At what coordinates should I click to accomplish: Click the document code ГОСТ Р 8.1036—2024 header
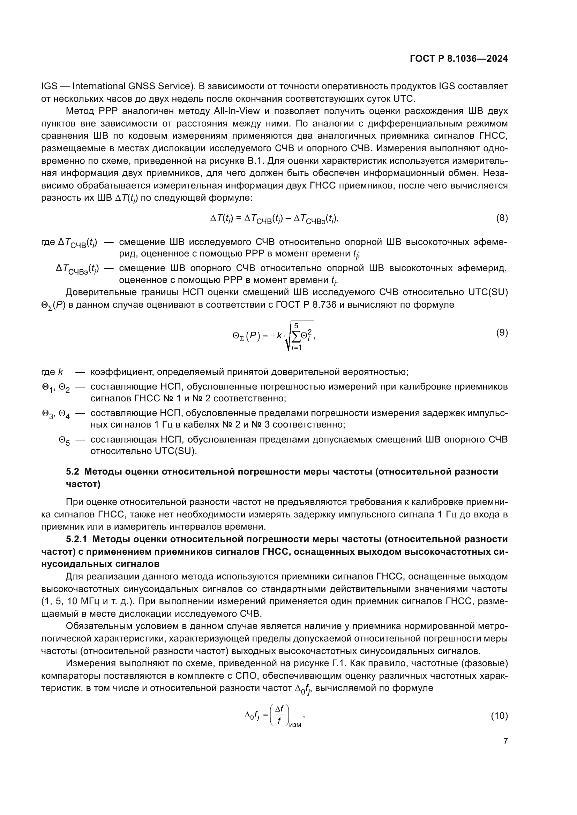tap(459, 59)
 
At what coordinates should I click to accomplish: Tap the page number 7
tap(505, 741)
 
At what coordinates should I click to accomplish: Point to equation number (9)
tap(502, 333)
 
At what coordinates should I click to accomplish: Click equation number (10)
tap(499, 716)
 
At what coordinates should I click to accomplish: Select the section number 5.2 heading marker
tap(74, 472)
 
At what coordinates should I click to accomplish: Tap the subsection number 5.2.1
tap(76, 539)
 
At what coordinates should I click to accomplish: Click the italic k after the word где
tap(60, 372)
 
